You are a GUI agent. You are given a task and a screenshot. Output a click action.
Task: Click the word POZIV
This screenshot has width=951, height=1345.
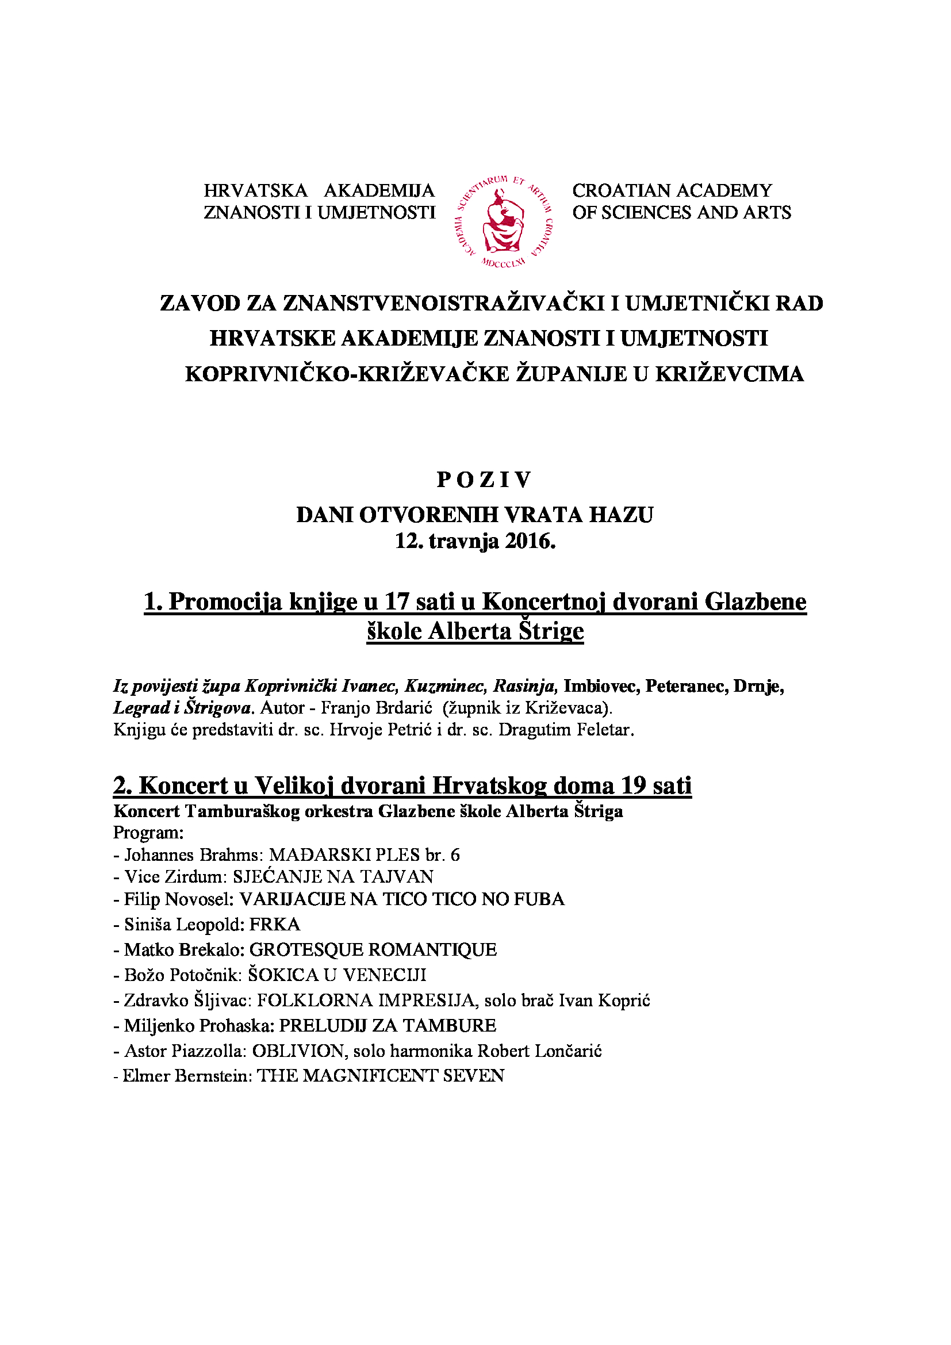click(484, 480)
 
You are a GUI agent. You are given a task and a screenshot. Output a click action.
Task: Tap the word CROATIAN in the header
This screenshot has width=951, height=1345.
click(622, 190)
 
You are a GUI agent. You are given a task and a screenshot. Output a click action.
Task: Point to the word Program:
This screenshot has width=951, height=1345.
click(148, 833)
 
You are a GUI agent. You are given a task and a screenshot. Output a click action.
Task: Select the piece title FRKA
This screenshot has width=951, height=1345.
click(275, 925)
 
